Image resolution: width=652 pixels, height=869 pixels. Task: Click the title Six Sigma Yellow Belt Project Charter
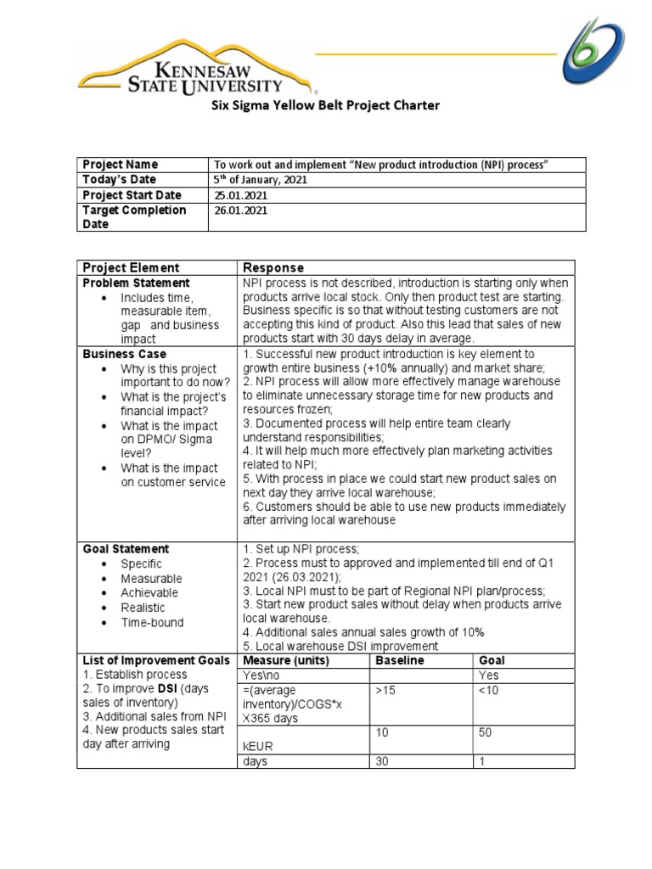click(x=325, y=106)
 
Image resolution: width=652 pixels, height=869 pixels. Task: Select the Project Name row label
click(x=119, y=164)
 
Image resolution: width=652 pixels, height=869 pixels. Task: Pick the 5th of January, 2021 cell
click(x=260, y=180)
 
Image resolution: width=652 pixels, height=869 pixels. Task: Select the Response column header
click(x=273, y=267)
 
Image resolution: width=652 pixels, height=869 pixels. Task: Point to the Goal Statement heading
click(x=126, y=549)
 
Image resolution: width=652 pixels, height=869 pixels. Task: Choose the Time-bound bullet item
click(x=152, y=622)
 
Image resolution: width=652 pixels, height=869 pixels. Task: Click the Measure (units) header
click(x=285, y=660)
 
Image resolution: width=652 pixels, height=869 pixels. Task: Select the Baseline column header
click(x=399, y=660)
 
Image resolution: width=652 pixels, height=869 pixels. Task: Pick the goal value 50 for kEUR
click(x=486, y=732)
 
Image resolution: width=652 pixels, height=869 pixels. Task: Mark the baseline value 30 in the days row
click(x=382, y=761)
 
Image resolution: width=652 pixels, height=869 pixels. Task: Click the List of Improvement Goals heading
click(x=155, y=660)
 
